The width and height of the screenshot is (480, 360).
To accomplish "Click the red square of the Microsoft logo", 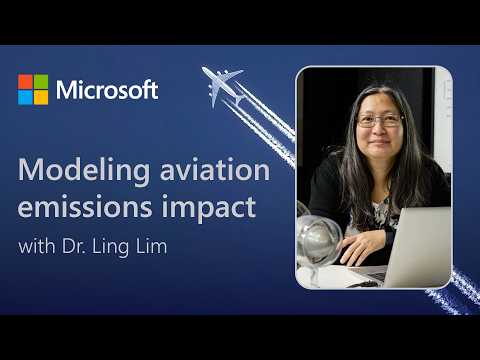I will pos(25,81).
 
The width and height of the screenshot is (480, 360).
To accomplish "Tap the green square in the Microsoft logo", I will pos(40,81).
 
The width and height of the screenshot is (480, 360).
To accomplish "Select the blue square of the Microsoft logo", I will pos(25,96).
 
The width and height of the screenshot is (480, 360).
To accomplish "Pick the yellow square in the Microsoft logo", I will pos(40,96).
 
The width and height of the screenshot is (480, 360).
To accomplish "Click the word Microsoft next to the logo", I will pos(107,89).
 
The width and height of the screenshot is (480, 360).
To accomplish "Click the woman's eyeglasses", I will pos(380,121).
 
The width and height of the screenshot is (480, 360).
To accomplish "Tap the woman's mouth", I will pos(381,149).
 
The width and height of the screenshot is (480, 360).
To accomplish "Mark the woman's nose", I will pos(381,132).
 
